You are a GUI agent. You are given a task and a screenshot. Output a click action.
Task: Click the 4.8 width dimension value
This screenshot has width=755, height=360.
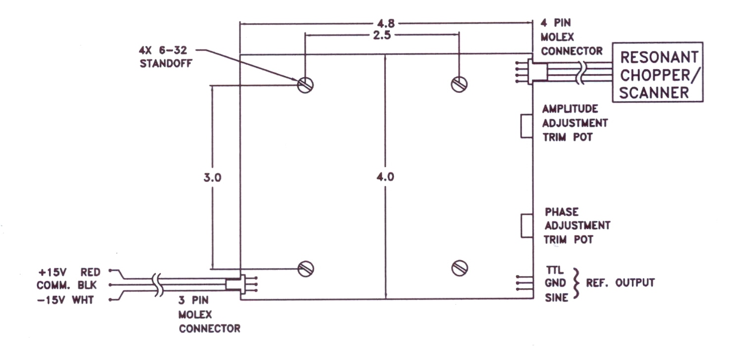386,24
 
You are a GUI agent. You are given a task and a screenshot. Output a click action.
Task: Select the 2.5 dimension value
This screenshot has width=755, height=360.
382,35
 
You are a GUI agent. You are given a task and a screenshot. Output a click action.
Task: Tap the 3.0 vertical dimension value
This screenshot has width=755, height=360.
212,178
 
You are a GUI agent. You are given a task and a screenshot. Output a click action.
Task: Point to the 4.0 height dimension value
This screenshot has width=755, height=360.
385,177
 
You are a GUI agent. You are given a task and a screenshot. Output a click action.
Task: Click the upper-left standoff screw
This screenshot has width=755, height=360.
305,85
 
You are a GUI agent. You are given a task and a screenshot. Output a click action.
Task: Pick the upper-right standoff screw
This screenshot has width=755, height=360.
459,84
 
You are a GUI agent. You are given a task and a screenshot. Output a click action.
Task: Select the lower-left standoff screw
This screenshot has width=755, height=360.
306,269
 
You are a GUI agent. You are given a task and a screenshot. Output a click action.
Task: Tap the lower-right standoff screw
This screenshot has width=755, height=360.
460,268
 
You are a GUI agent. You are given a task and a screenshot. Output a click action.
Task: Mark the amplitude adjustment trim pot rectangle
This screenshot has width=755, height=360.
527,126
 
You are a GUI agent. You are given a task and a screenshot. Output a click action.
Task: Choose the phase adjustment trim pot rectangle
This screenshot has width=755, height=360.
527,225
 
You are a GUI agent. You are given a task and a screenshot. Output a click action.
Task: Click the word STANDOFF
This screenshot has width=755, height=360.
166,63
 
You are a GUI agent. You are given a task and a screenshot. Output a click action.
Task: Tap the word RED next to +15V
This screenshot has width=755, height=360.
91,272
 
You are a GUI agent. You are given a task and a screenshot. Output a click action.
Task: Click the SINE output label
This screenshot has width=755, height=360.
557,298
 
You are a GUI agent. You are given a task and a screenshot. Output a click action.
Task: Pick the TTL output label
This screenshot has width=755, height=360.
555,270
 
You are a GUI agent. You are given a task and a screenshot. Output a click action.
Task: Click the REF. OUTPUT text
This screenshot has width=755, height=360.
620,283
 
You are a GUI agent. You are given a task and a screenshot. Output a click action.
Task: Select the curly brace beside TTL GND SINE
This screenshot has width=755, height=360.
577,283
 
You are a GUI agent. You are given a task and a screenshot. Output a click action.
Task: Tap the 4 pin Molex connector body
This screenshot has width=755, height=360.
537,72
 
